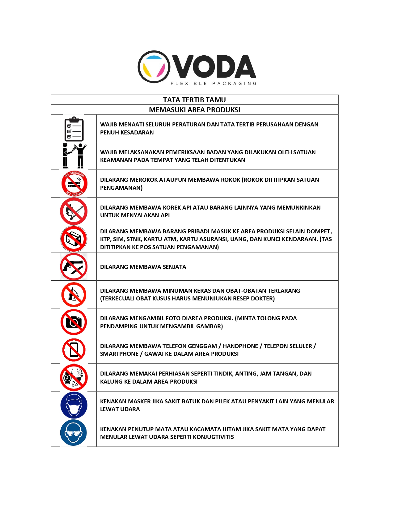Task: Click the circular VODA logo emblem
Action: point(154,67)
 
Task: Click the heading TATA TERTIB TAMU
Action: point(194,100)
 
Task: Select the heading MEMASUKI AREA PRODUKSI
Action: point(194,110)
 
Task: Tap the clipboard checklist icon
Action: point(74,129)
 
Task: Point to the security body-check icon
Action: point(74,156)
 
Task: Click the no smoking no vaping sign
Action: point(74,184)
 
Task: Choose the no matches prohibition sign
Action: point(74,211)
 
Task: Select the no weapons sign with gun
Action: point(74,267)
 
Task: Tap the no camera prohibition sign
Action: point(74,322)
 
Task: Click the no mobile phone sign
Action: point(74,350)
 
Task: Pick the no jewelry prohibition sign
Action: point(74,377)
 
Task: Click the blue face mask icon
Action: point(74,405)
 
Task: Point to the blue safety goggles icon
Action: point(74,433)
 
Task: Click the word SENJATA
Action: point(174,267)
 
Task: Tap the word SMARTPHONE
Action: point(119,354)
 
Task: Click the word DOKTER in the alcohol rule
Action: point(264,299)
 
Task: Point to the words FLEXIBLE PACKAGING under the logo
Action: point(214,83)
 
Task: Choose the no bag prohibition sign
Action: point(74,239)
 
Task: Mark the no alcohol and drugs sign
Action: point(74,294)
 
